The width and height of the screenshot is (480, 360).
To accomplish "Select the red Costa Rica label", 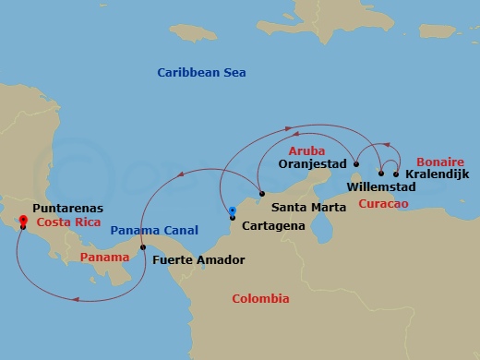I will point(67,223).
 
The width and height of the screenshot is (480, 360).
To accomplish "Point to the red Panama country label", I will point(104,256).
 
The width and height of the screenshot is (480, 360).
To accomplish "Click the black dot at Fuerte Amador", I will point(142,247).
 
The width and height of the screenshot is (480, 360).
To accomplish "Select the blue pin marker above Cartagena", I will point(233,211).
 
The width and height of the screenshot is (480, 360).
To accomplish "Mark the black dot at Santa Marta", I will point(262,194).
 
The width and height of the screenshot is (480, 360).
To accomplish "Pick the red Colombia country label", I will point(260,299).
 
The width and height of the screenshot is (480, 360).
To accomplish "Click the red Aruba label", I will point(306,150).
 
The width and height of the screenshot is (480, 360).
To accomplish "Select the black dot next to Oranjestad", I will point(356,164).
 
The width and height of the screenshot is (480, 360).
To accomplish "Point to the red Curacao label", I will point(384,202).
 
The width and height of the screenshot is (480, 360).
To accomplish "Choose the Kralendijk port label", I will point(438,174).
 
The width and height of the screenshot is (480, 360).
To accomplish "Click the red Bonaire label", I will point(439,159).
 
